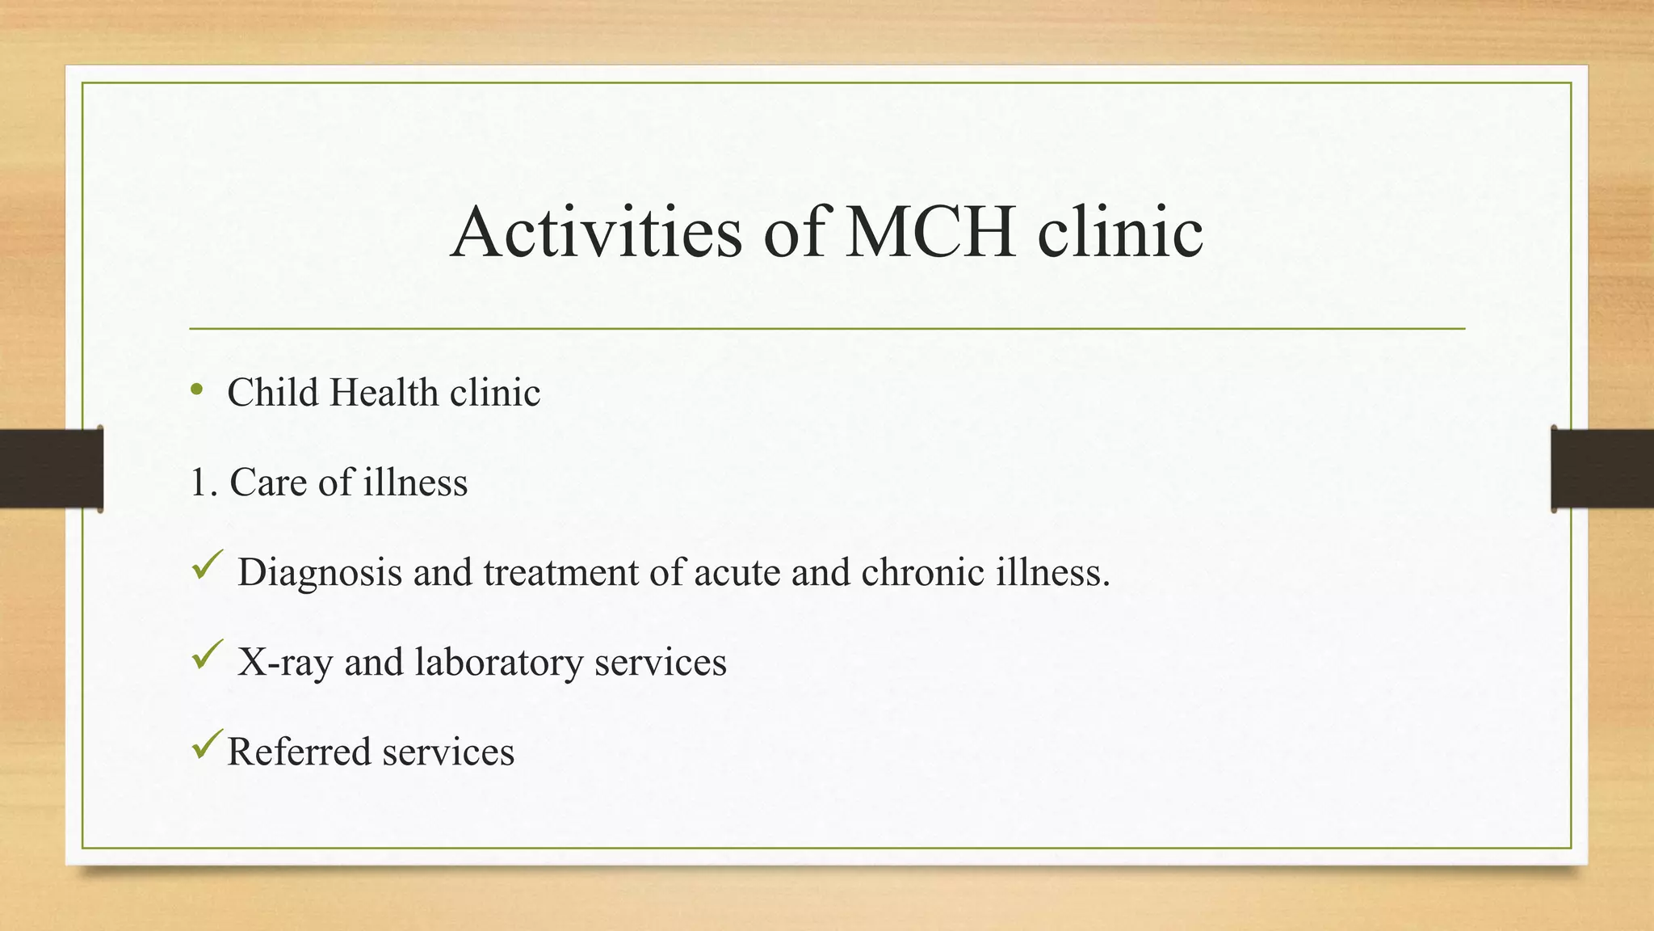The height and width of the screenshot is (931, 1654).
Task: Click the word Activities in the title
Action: pyautogui.click(x=596, y=232)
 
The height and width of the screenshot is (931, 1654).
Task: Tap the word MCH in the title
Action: pyautogui.click(x=929, y=232)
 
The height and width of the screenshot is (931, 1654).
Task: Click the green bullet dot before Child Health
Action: pyautogui.click(x=196, y=391)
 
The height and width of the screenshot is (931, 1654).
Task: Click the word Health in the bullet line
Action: pyautogui.click(x=384, y=393)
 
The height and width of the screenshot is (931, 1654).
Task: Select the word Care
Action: pyautogui.click(x=268, y=482)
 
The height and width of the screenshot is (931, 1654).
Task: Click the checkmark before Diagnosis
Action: pyautogui.click(x=208, y=565)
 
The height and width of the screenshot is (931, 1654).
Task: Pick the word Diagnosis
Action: pyautogui.click(x=320, y=573)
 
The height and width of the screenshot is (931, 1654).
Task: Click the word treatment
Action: pyautogui.click(x=560, y=572)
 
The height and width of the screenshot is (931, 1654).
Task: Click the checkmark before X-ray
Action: pyautogui.click(x=208, y=655)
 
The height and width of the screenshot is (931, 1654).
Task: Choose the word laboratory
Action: pyautogui.click(x=498, y=663)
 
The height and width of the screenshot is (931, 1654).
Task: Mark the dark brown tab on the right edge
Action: pyautogui.click(x=1602, y=469)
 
